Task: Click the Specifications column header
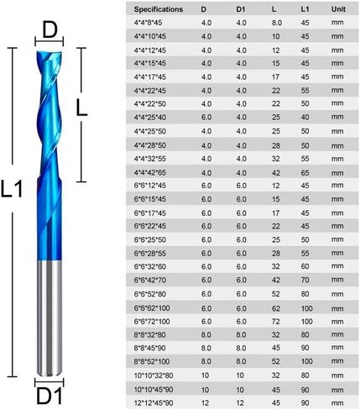click(159, 9)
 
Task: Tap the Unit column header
click(338, 9)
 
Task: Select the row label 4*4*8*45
click(148, 23)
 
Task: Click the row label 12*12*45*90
click(154, 403)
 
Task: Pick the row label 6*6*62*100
click(152, 308)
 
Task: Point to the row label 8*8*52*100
click(152, 361)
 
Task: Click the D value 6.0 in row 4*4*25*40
click(206, 118)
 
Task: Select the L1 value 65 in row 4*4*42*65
click(305, 173)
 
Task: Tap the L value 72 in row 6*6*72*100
click(276, 322)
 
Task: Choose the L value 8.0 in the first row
click(277, 23)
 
